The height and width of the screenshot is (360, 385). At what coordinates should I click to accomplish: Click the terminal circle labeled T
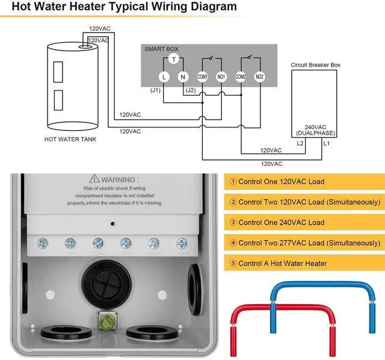pyautogui.click(x=174, y=59)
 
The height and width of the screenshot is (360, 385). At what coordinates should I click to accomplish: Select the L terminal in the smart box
pyautogui.click(x=164, y=77)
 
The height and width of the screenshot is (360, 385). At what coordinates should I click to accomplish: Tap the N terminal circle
pyautogui.click(x=183, y=77)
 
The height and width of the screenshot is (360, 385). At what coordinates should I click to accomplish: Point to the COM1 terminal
pyautogui.click(x=202, y=77)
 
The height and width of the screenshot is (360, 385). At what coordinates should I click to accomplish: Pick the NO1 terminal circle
pyautogui.click(x=221, y=77)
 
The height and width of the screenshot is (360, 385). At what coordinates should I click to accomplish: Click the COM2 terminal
pyautogui.click(x=241, y=77)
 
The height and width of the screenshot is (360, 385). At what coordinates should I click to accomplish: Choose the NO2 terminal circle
pyautogui.click(x=259, y=77)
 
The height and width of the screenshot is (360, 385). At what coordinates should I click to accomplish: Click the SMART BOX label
pyautogui.click(x=161, y=49)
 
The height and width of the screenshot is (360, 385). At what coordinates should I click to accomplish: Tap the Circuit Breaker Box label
pyautogui.click(x=315, y=65)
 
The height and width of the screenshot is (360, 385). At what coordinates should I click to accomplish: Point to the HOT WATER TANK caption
pyautogui.click(x=70, y=139)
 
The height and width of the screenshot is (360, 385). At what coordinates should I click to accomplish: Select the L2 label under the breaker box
pyautogui.click(x=300, y=143)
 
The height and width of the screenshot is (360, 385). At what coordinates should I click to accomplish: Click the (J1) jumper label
pyautogui.click(x=155, y=90)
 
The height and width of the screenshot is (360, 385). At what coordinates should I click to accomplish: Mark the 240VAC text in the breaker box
pyautogui.click(x=315, y=127)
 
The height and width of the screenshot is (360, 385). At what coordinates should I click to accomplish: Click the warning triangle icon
pyautogui.click(x=94, y=178)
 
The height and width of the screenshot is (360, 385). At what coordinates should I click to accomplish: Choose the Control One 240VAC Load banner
pyautogui.click(x=304, y=222)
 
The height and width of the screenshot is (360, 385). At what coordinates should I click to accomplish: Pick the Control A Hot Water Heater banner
pyautogui.click(x=304, y=263)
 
